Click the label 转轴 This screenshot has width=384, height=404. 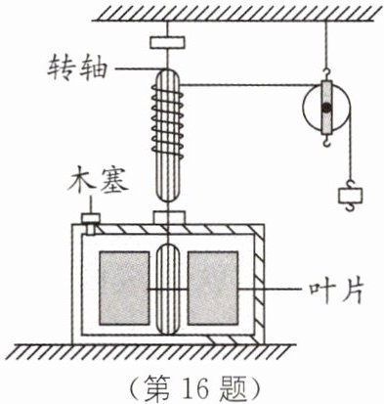pos(77,69)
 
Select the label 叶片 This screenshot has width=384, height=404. pos(336,291)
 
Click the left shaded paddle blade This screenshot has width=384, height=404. pos(124,288)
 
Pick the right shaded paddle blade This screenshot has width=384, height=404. pos(213,288)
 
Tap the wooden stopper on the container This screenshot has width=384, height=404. pos(90,223)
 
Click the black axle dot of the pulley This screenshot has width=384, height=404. pos(326,108)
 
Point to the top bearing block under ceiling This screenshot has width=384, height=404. pos(167,42)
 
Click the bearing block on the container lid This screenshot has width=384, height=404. pos(169,217)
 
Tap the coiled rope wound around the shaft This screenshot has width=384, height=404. pos(167,120)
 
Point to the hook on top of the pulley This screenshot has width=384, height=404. pos(326,74)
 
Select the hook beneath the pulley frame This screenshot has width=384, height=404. pos(326,141)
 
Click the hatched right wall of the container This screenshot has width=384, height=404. pos(259,284)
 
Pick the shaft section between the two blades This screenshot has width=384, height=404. pos(168,289)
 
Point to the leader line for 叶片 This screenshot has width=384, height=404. pos(273,290)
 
